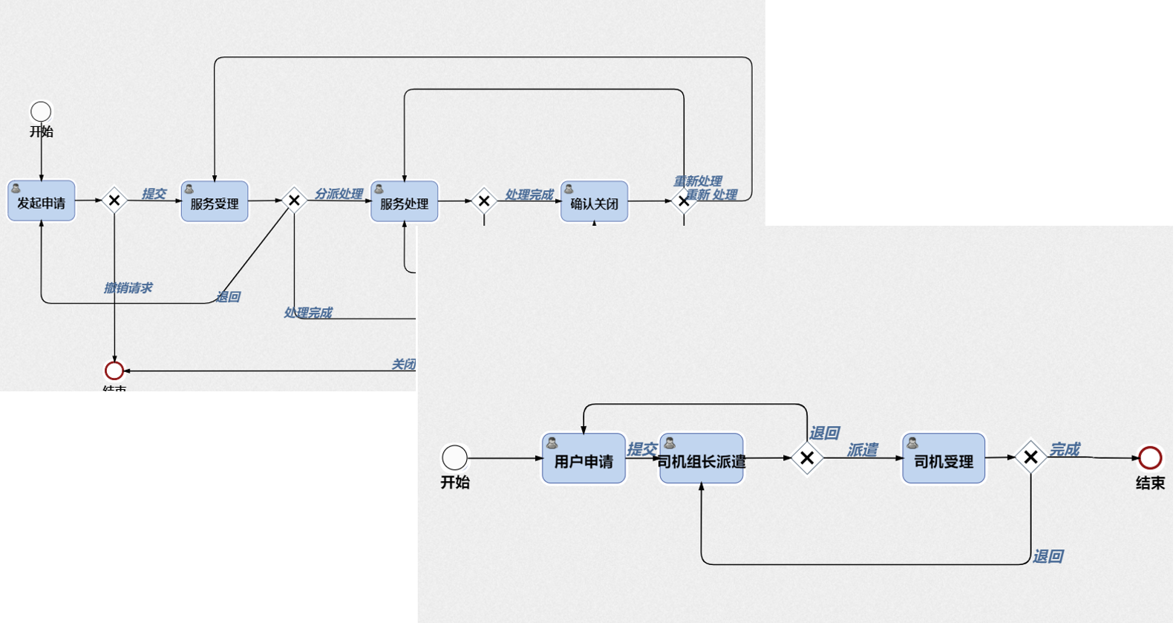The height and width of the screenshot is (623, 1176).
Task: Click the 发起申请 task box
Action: coord(41,201)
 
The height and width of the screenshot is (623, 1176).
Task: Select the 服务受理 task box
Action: coord(215,201)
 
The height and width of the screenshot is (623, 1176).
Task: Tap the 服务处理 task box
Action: coord(404,201)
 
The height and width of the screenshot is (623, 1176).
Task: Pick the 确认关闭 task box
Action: coord(594,201)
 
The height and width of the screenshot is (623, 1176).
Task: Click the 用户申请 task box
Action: coord(584,459)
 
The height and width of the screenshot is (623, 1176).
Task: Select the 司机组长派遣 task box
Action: coord(701,459)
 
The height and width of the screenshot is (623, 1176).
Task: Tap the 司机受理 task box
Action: coord(943,459)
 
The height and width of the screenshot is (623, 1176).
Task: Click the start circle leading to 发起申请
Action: coord(41,111)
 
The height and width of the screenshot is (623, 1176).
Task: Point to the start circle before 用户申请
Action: coord(454,457)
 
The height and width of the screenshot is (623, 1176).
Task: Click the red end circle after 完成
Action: coord(1150,457)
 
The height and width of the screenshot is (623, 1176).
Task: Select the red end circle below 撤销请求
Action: coord(114,370)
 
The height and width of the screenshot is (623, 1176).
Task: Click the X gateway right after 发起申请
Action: coord(114,200)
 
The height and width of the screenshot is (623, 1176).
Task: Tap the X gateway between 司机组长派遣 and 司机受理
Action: coord(807,458)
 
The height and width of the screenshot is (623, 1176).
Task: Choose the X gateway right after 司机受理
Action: coord(1030,458)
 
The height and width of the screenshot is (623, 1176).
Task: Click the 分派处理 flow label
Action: coord(339,194)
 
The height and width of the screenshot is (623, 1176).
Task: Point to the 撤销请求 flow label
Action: coord(128,288)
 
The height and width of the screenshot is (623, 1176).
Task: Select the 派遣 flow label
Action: coord(863,450)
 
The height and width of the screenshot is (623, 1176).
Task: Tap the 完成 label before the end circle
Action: coord(1065,449)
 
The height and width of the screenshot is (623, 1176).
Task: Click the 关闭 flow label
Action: coord(403,364)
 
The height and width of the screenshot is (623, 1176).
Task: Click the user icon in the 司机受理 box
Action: coord(912,443)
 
